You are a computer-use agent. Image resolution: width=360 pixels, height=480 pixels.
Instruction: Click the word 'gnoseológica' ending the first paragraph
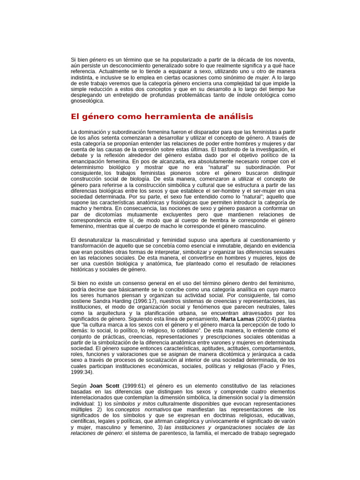click(x=88, y=100)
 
